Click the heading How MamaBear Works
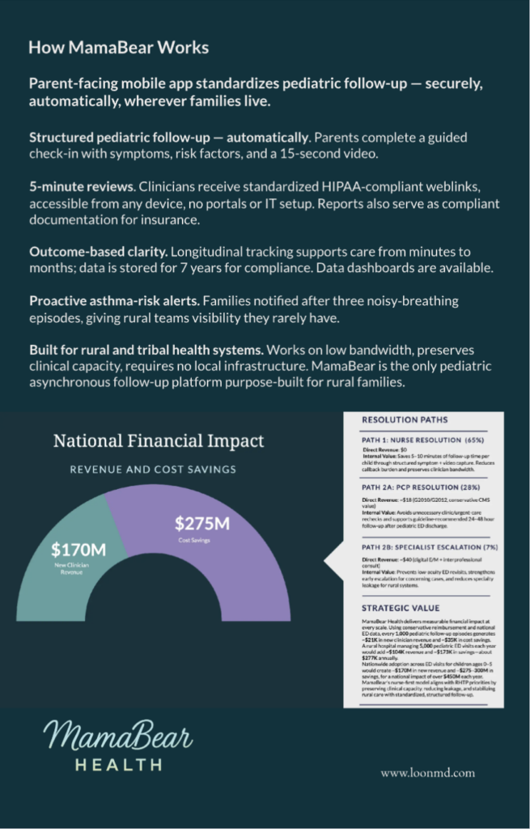point(118,48)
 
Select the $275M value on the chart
point(202,524)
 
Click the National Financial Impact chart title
point(159,441)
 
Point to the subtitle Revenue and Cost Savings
point(153,469)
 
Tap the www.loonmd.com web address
point(428,772)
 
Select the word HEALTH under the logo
point(118,764)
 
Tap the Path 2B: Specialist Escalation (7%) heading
point(427,547)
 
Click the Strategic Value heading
point(401,607)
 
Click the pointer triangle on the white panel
point(333,559)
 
